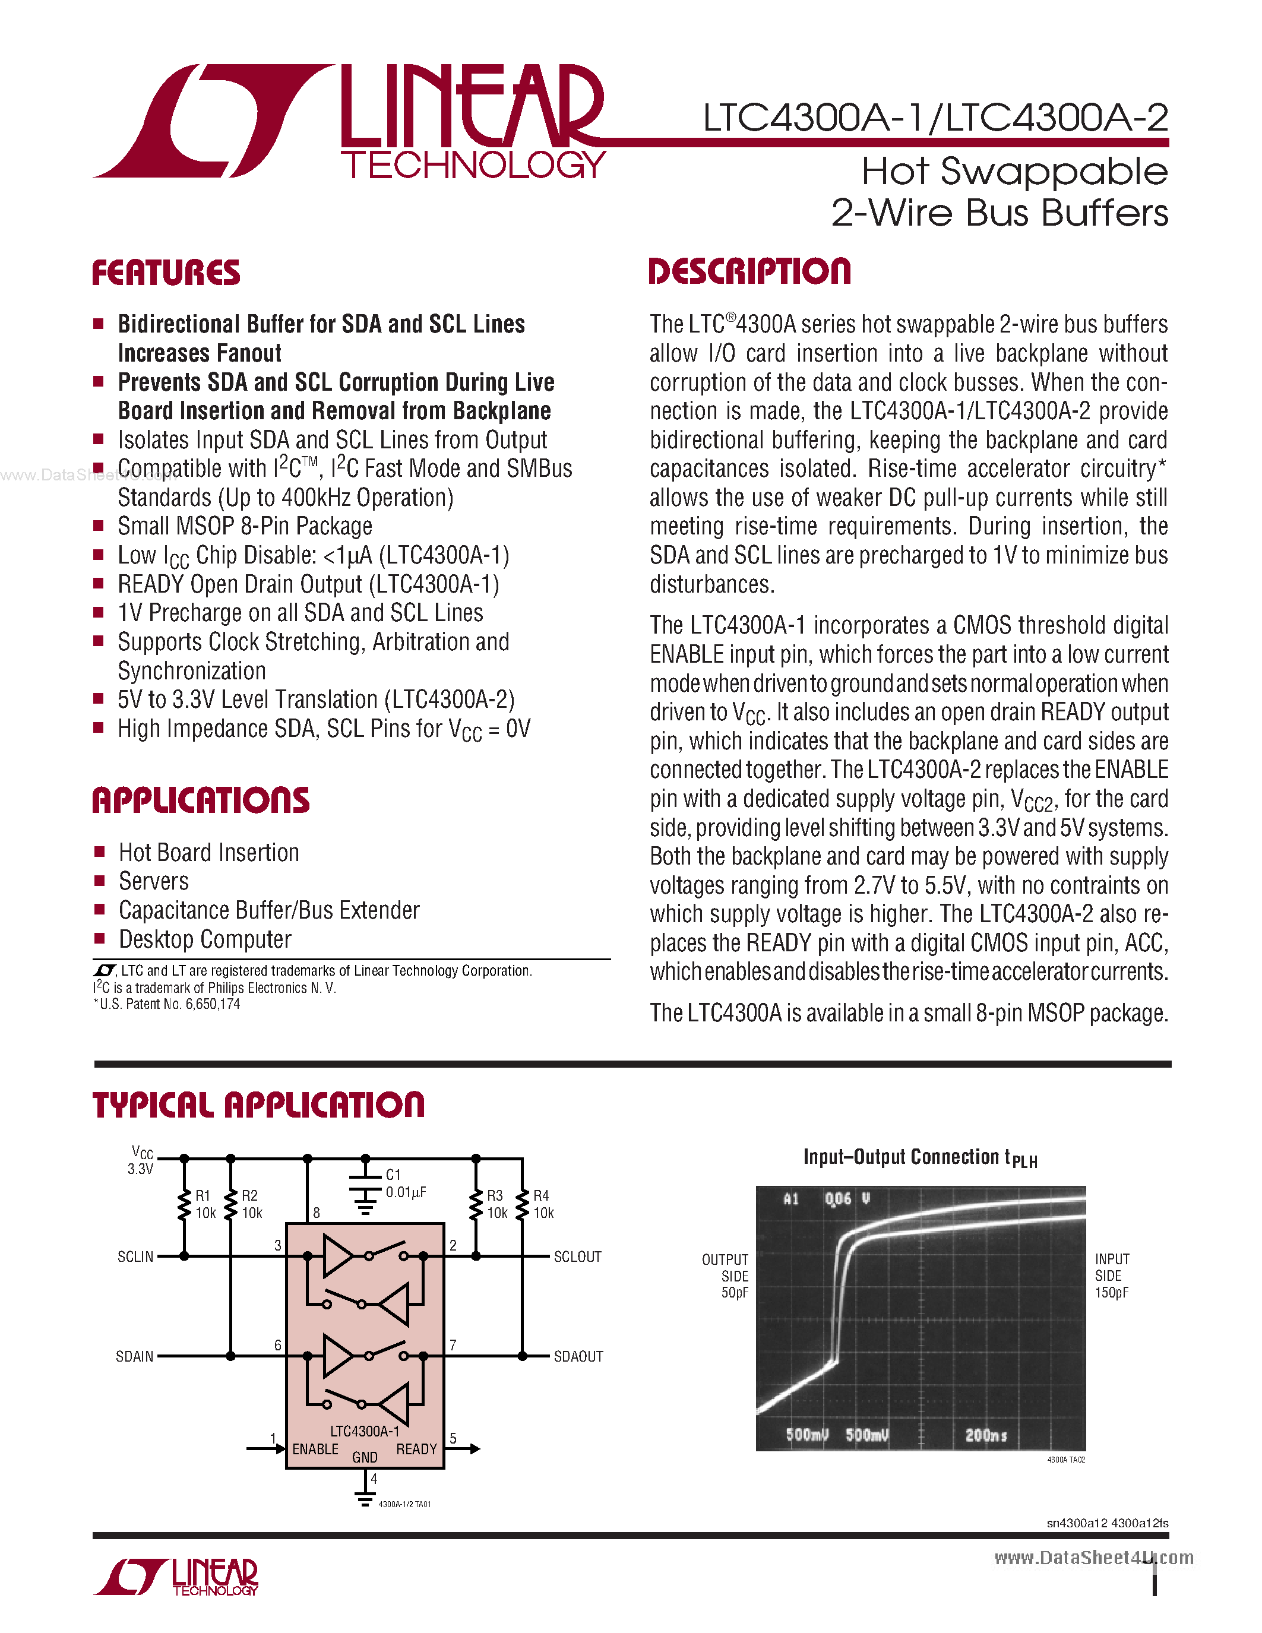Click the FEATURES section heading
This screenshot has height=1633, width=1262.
[166, 273]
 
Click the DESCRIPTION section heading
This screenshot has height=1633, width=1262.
[749, 271]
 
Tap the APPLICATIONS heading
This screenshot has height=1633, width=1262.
[200, 801]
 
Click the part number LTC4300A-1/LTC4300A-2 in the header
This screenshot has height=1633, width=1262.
[935, 118]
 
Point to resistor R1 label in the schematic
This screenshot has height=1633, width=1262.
[203, 1195]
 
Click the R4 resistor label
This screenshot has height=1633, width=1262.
[540, 1195]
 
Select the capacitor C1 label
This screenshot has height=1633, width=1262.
[393, 1175]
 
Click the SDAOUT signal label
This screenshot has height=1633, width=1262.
[578, 1356]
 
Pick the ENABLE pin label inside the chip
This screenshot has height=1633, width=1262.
[315, 1449]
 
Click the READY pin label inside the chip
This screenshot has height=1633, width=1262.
[416, 1449]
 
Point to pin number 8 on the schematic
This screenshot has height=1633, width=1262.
[317, 1213]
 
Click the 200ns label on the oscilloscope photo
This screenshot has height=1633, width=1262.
[985, 1435]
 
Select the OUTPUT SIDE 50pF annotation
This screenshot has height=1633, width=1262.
[725, 1276]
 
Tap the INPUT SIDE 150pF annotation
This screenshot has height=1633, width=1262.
[1112, 1276]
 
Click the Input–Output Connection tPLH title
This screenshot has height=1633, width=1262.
[919, 1158]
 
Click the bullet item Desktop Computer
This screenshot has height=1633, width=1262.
[205, 939]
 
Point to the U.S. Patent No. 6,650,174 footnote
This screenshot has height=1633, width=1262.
[167, 1004]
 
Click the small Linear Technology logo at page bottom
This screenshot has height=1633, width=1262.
[176, 1577]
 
